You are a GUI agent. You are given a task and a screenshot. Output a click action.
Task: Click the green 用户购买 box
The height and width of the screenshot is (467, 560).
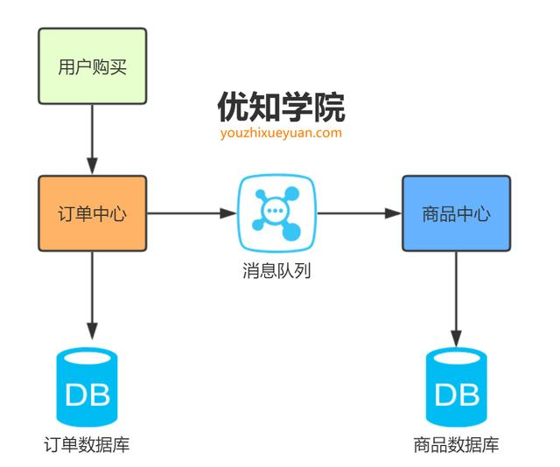[x=92, y=65]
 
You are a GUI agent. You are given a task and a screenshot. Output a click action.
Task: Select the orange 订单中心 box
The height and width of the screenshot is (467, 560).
[x=92, y=213]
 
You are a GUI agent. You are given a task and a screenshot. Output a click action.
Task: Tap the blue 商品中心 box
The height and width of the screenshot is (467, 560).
[x=456, y=213]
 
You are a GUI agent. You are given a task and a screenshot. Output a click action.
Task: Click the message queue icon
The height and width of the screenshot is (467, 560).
[x=276, y=213]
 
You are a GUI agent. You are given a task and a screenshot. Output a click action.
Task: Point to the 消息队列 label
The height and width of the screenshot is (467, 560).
[x=276, y=270]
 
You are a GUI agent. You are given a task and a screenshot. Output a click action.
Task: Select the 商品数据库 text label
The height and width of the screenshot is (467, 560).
[x=457, y=444]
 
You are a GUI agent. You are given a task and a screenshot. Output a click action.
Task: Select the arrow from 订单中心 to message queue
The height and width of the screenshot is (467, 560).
[x=192, y=213]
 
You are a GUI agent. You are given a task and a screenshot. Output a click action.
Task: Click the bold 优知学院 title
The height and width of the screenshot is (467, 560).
[x=281, y=107]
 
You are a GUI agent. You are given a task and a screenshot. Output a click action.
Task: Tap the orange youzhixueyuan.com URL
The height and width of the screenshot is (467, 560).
[x=281, y=133]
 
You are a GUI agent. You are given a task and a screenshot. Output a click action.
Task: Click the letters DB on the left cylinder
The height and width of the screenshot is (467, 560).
[x=87, y=394]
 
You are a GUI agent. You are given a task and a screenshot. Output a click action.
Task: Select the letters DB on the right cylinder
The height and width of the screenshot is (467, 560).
[x=457, y=394]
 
